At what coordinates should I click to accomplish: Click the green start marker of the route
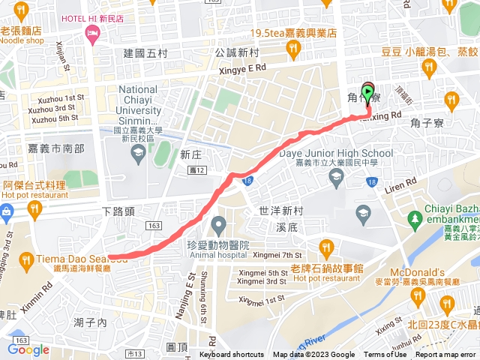(367, 92)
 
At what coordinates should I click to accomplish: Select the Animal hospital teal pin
(218, 223)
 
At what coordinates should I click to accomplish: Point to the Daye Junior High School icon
(336, 176)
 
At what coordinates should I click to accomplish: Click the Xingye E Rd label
(241, 68)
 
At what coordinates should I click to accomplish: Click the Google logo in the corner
(28, 349)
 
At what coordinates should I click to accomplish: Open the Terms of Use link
(385, 355)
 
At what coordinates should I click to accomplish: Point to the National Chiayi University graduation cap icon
(138, 154)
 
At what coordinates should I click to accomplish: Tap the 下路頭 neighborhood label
(118, 212)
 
